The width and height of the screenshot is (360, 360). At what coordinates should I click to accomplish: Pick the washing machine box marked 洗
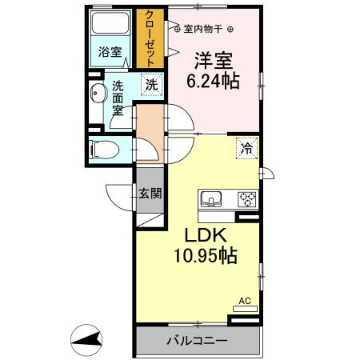(150, 84)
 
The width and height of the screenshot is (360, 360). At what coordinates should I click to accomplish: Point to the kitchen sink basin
(211, 198)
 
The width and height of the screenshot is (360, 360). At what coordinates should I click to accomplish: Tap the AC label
(245, 302)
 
